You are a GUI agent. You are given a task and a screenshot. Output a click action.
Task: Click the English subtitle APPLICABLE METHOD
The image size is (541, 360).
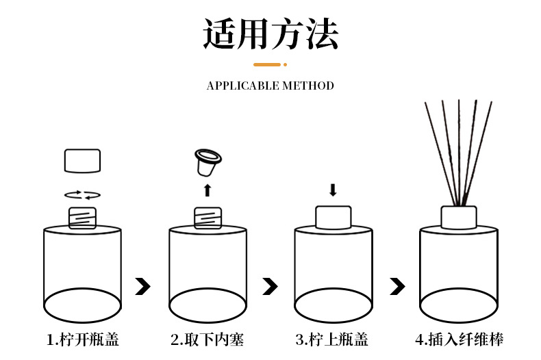pyautogui.click(x=270, y=86)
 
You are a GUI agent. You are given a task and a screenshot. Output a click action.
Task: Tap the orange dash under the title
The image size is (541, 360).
pyautogui.click(x=268, y=65)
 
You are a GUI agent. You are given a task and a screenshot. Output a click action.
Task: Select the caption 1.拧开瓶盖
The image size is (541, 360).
pyautogui.click(x=83, y=339)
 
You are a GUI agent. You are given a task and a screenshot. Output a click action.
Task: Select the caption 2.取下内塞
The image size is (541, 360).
pyautogui.click(x=207, y=339)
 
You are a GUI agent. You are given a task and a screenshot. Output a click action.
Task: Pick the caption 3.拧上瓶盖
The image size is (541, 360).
pyautogui.click(x=332, y=339)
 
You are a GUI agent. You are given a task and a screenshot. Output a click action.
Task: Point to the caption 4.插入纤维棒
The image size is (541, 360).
pyautogui.click(x=459, y=339)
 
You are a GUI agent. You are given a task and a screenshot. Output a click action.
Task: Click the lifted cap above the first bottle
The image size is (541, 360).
pyautogui.click(x=82, y=161)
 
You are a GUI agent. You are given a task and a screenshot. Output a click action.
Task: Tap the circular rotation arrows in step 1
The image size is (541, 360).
pyautogui.click(x=82, y=194)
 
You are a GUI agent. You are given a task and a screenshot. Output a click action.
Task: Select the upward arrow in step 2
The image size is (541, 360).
pyautogui.click(x=207, y=190)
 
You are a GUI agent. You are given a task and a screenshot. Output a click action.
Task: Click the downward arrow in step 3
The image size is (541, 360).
pyautogui.click(x=333, y=190)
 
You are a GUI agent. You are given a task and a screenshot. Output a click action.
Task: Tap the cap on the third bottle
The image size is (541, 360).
pyautogui.click(x=333, y=217)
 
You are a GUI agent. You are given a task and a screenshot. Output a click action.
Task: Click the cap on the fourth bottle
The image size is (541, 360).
pyautogui.click(x=458, y=217)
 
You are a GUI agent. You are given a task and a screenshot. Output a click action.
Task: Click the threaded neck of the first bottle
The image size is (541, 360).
pyautogui.click(x=82, y=218)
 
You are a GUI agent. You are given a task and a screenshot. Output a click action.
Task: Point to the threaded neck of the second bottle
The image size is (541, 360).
pyautogui.click(x=207, y=218)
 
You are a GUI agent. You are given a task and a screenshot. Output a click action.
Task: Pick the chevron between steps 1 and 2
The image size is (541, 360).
pyautogui.click(x=143, y=286)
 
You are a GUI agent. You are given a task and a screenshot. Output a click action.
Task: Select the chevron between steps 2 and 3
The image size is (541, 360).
pyautogui.click(x=270, y=286)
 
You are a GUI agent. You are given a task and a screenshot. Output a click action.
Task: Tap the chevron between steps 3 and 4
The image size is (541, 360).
pyautogui.click(x=397, y=286)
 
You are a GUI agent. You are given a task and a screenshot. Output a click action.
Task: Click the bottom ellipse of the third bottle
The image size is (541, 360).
pyautogui.click(x=333, y=305)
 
